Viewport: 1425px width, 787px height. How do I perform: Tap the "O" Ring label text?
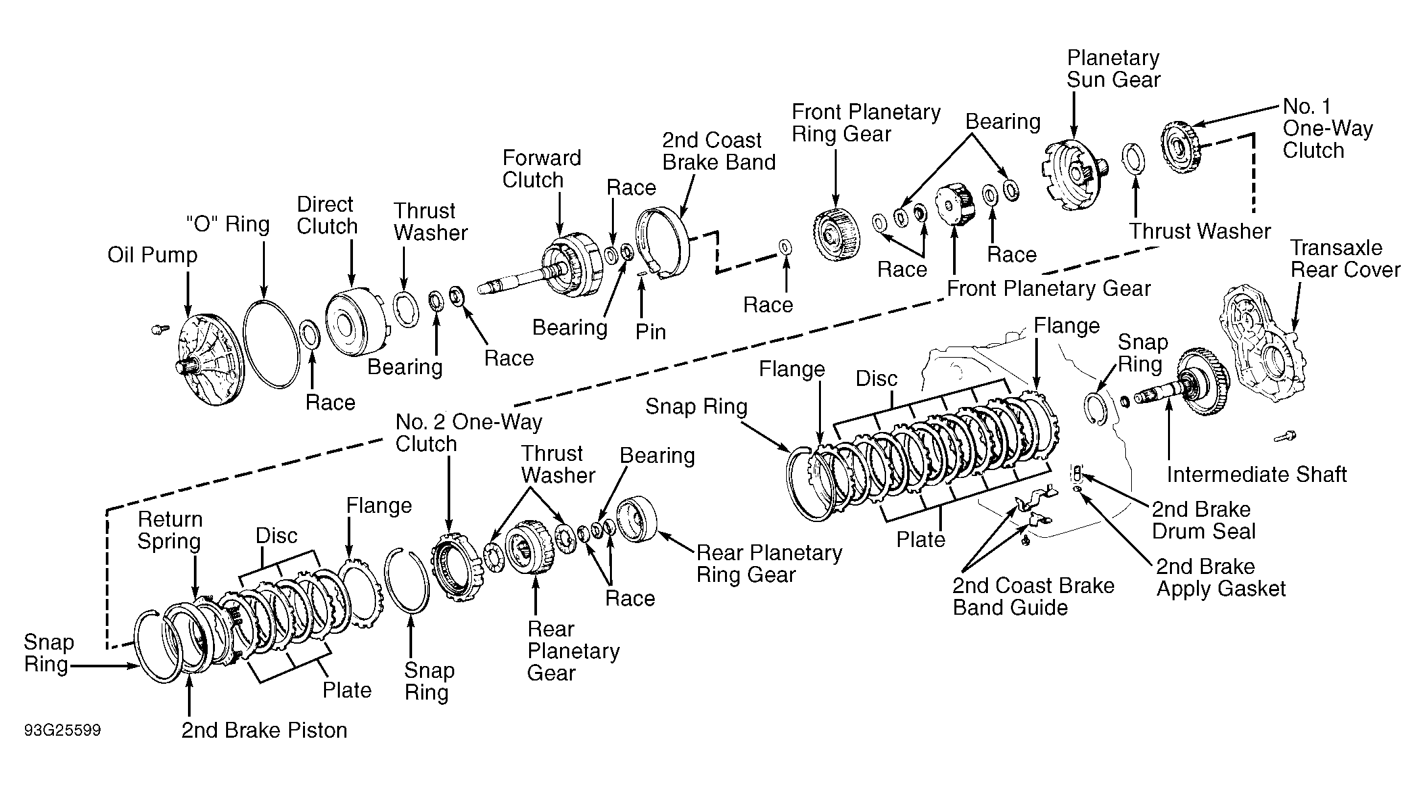(227, 224)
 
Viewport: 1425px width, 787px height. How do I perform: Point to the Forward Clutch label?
(542, 169)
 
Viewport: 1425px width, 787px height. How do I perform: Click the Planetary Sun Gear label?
(1113, 68)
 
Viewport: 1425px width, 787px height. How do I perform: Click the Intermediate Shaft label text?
(1257, 474)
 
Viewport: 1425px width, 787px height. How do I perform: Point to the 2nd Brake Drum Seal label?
(1203, 520)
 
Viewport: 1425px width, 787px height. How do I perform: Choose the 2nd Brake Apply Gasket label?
(1221, 577)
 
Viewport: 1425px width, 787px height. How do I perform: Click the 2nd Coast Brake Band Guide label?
(1033, 596)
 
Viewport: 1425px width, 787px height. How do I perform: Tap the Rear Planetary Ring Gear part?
(638, 519)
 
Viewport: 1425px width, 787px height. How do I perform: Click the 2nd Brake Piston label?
(264, 730)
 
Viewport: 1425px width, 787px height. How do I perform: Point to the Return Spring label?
(170, 530)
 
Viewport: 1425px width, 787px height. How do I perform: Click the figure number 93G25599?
(62, 731)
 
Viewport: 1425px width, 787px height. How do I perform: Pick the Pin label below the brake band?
(650, 331)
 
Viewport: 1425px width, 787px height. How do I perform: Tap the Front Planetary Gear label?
(1049, 289)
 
